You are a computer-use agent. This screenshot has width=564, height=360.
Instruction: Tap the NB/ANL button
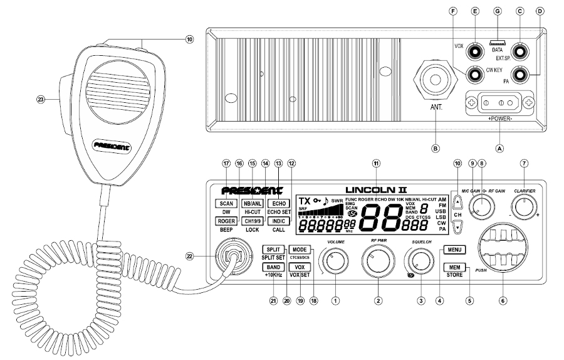(x=252, y=204)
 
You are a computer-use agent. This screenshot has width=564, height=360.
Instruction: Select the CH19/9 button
(x=252, y=221)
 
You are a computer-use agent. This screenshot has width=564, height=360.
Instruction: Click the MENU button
(x=452, y=250)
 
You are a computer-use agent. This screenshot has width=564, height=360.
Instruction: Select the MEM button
(x=452, y=266)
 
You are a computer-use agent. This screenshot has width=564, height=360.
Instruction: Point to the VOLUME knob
(x=335, y=260)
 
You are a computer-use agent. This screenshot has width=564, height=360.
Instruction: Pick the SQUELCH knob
(x=420, y=260)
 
